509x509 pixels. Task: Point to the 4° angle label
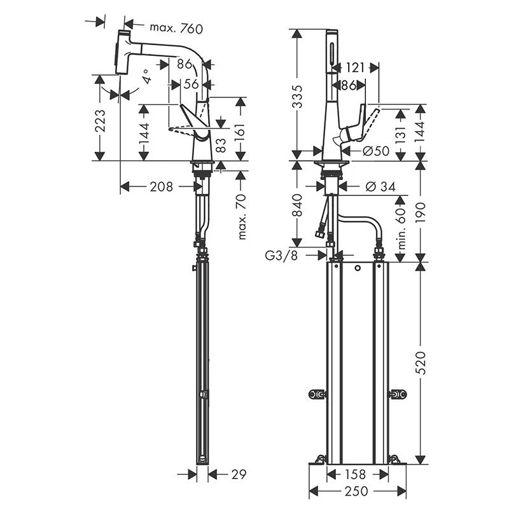tap(147, 78)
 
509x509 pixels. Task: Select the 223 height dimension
tap(101, 119)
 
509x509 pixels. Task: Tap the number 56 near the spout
tap(191, 83)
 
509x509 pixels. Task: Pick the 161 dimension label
tap(241, 127)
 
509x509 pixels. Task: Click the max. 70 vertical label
tap(241, 217)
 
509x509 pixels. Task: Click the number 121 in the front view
tap(356, 67)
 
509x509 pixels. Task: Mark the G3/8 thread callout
tap(281, 255)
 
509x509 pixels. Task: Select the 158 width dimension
tap(358, 473)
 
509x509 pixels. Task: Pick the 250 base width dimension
tap(358, 491)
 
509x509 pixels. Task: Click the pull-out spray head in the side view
tap(124, 51)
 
